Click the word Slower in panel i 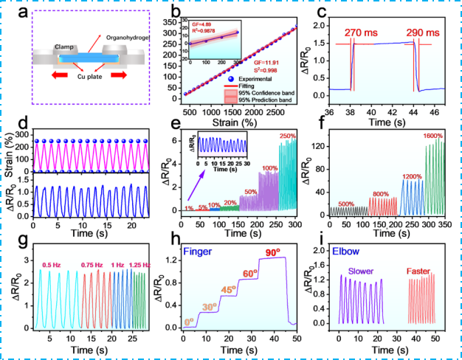[x=362, y=271]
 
